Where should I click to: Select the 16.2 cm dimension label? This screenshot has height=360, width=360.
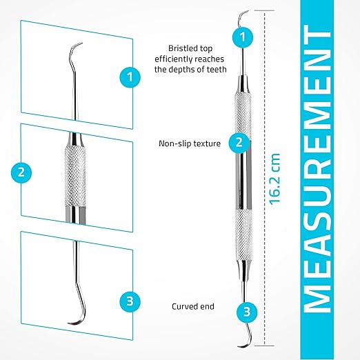coord(275,179)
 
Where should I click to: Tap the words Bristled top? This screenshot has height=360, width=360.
coord(190,48)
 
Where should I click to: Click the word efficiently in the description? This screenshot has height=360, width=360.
coord(171,59)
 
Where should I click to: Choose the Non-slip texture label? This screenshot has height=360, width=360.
coord(190,143)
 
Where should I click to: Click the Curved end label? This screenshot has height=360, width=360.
coord(193,306)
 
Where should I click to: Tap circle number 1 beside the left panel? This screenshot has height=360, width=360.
coord(130,77)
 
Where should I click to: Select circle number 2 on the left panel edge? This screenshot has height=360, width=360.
coord(21,172)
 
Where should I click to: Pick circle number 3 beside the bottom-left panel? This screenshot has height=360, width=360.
coord(130,301)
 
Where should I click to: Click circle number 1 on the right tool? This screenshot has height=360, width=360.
coord(243,37)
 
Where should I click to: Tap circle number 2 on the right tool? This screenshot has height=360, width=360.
coord(239,143)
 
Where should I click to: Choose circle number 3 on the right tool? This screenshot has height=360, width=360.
coord(247,312)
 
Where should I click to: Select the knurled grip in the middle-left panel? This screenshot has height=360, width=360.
coord(75,176)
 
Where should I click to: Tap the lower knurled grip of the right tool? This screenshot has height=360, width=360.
coord(244,234)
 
